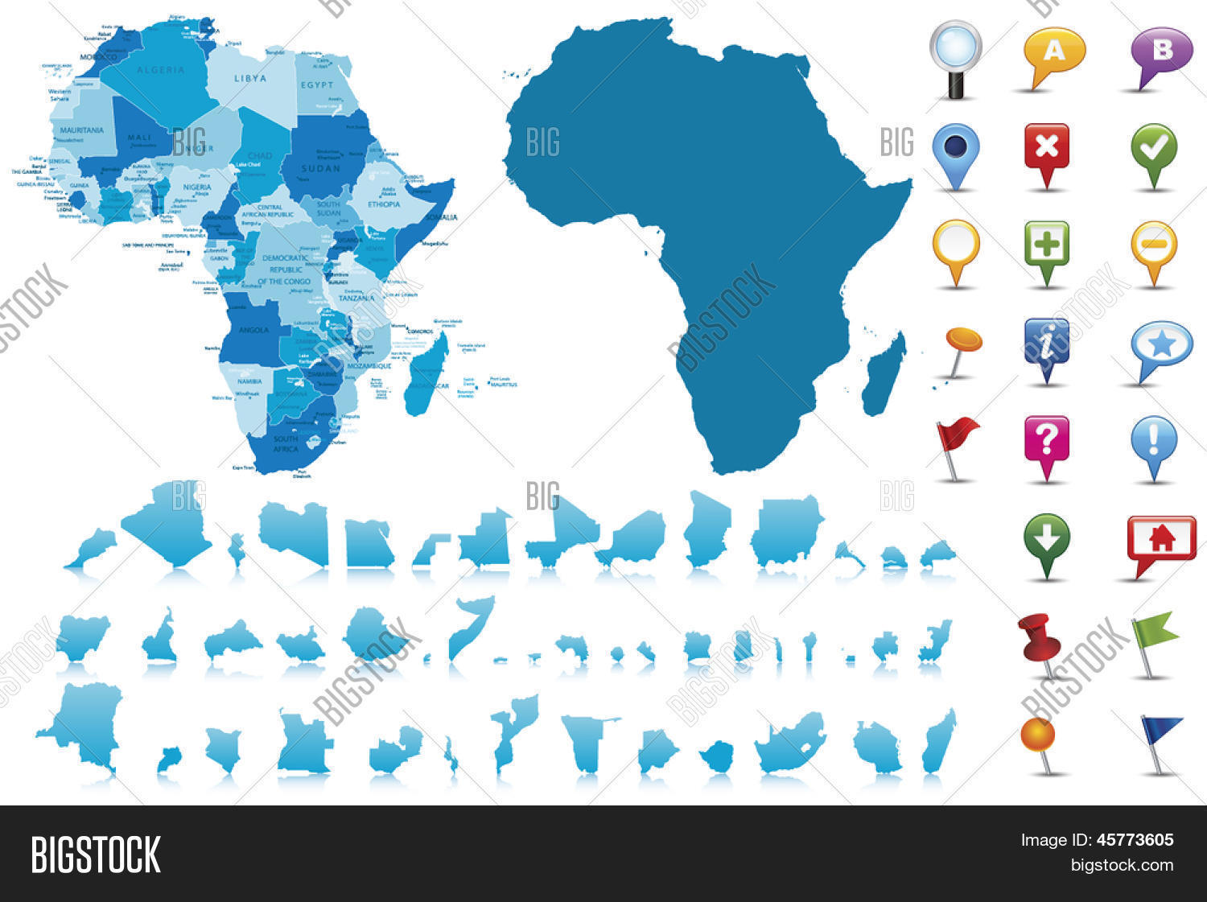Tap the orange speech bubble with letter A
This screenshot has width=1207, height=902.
1054,51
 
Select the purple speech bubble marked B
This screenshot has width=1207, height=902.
1162,51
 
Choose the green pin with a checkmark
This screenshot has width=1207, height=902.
1154,148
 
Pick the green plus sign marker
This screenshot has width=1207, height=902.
1046,245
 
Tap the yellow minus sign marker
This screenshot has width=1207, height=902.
1154,245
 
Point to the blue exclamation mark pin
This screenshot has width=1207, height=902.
1154,441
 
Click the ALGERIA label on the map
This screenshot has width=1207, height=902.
160,70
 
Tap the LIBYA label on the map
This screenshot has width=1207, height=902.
249,78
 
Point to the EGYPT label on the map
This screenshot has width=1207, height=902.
317,84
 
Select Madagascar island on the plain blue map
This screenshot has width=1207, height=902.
885,374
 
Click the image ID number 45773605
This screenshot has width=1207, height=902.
1135,840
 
